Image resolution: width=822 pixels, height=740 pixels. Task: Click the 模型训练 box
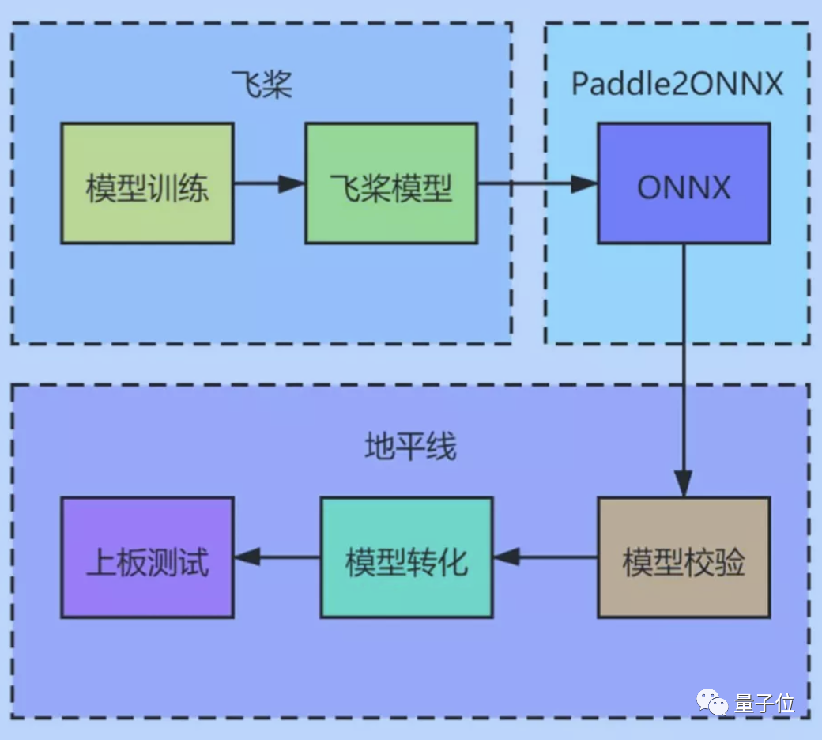coord(147,183)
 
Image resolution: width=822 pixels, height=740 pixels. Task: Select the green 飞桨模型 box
coord(391,183)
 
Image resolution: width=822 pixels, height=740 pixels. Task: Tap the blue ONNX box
coord(684,183)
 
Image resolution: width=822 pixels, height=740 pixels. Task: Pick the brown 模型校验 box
coord(684,557)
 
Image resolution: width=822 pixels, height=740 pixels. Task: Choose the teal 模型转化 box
coord(406,557)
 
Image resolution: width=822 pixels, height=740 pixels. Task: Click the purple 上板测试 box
coord(147,557)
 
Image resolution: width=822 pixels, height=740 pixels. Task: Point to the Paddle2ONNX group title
coord(677,84)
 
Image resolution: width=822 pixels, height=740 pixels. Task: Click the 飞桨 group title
coord(261,84)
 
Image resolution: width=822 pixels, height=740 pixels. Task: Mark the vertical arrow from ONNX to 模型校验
coord(684,364)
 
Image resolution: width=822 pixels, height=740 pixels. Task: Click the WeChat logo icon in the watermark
coord(712,703)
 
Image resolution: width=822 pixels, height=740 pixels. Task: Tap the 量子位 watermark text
coord(764,703)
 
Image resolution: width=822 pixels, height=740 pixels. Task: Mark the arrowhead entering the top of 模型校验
coord(684,484)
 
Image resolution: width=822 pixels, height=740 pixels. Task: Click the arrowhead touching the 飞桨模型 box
coord(292,183)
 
